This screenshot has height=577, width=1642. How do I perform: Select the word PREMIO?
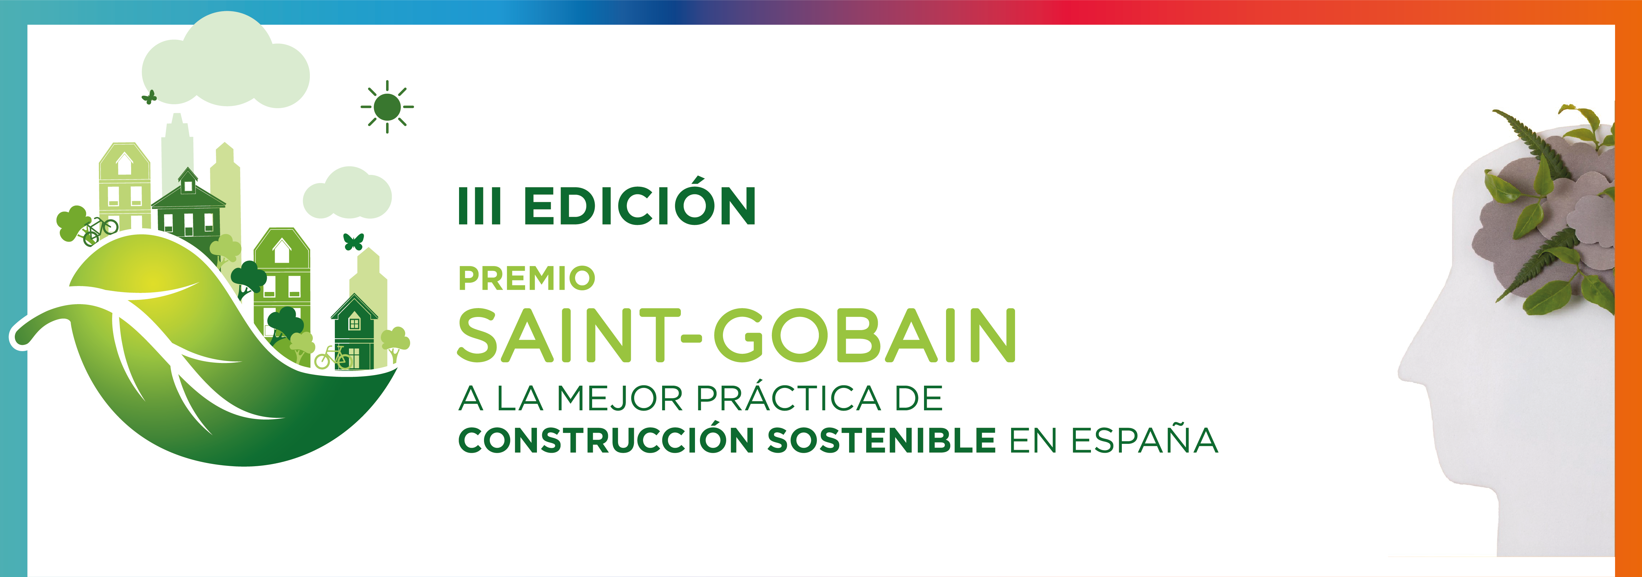(526, 278)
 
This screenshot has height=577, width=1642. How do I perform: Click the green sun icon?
(387, 107)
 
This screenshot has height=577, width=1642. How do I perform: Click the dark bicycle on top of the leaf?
(101, 229)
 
